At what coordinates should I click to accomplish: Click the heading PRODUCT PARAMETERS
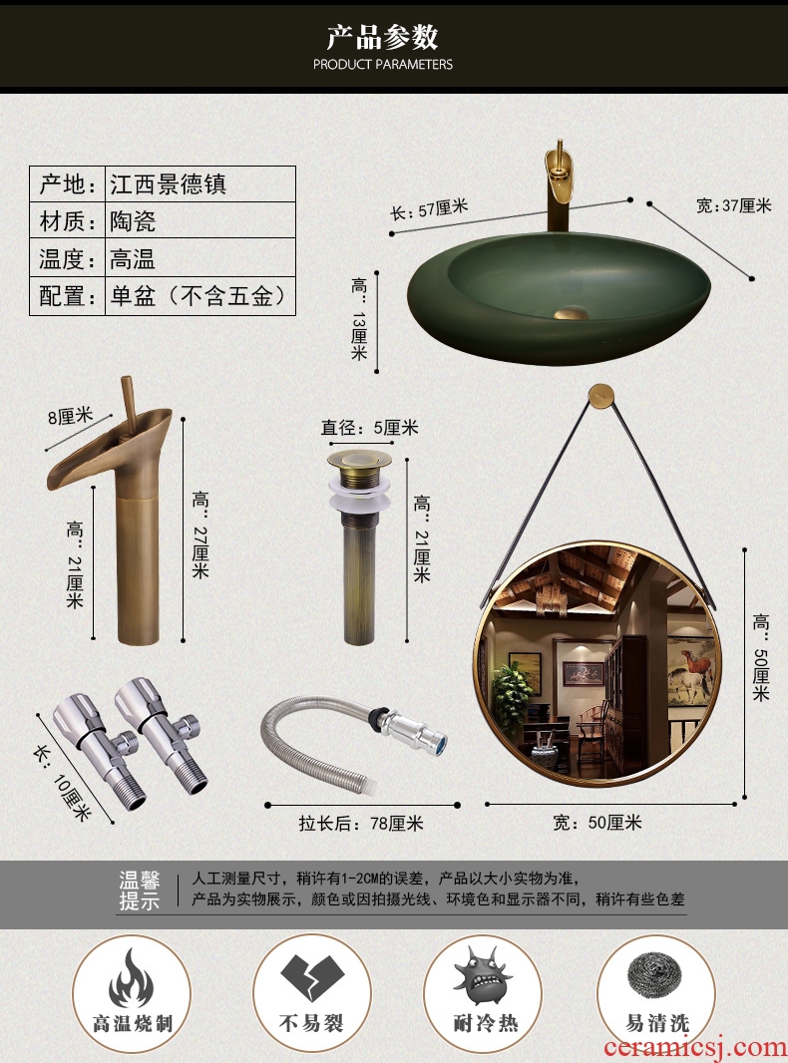[x=382, y=65]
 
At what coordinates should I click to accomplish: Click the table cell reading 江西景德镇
[x=200, y=183]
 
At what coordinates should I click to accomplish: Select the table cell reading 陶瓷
[x=200, y=220]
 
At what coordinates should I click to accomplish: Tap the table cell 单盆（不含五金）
[x=200, y=296]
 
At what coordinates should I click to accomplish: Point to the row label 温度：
[x=67, y=257]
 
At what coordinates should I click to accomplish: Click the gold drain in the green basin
[x=573, y=314]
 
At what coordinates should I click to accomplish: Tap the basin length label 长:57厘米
[x=429, y=209]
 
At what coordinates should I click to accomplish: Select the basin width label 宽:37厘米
[x=734, y=204]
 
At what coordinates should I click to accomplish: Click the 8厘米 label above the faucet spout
[x=70, y=415]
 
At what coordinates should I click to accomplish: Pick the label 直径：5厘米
[x=370, y=428]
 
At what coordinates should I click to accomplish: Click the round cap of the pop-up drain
[x=359, y=459]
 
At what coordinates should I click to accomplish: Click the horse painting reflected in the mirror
[x=690, y=670]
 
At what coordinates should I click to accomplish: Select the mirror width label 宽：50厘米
[x=597, y=823]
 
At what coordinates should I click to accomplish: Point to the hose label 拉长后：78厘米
[x=361, y=823]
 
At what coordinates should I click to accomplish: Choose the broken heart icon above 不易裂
[x=312, y=977]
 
